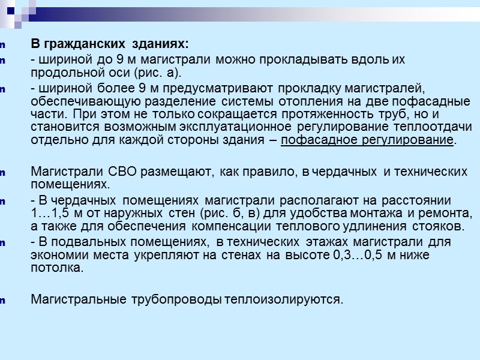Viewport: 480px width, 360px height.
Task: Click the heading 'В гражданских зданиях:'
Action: [x=109, y=44]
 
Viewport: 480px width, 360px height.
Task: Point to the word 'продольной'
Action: [x=63, y=73]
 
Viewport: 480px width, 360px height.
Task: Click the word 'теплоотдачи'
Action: [x=437, y=127]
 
